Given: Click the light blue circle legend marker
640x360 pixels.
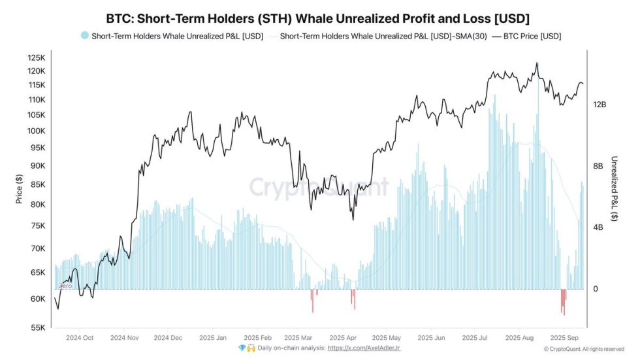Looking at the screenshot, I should pos(84,37).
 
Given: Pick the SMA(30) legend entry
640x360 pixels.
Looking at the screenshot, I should pos(382,37).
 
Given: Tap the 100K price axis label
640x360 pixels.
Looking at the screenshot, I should pos(36,131).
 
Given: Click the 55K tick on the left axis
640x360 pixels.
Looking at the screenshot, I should pos(37,328).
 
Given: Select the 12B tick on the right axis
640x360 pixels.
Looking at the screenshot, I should pos(599,105).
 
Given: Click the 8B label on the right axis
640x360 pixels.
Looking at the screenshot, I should pos(597,166).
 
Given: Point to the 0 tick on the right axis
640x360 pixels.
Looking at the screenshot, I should pos(595,289).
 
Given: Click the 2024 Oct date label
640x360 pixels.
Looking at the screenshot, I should pos(79,338).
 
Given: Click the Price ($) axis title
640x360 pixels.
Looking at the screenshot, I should pos(19,189).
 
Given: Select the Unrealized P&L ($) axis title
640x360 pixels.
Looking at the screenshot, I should pos(615,189).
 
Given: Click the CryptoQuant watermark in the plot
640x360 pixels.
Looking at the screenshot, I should pos(318,188).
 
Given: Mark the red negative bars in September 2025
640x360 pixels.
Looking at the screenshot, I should pos(563,301).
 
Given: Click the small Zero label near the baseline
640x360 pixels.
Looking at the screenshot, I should pos(65,286).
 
